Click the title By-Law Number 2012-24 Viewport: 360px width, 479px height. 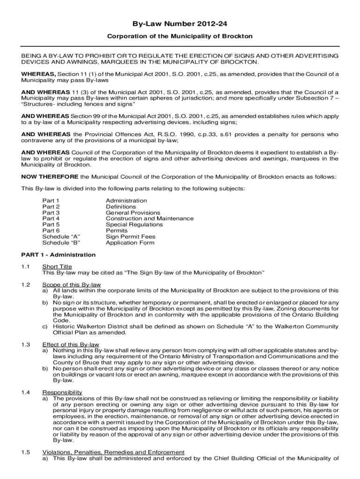pos(180,23)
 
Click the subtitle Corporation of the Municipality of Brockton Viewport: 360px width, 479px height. pos(180,36)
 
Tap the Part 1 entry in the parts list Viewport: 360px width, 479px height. pos(51,201)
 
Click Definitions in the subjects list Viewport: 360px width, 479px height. pos(121,207)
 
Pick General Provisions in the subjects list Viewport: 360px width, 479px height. pos(133,213)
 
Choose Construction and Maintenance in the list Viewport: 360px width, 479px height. pos(150,219)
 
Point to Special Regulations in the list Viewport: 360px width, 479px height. pos(134,225)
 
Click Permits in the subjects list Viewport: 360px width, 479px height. pos(116,231)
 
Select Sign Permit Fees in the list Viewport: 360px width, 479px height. pos(130,237)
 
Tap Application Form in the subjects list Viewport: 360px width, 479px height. pos(130,243)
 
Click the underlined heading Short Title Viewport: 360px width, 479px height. pos(57,267)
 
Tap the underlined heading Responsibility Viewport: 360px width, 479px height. pos(62,392)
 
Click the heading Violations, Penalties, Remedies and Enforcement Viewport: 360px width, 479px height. pos(113,452)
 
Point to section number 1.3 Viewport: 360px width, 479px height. pos(26,345)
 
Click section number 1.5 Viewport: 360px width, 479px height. pos(26,452)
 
